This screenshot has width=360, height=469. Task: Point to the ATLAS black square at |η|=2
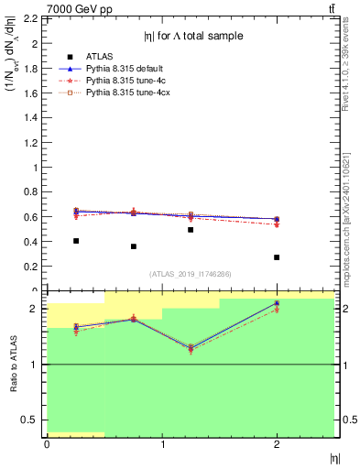click(277, 257)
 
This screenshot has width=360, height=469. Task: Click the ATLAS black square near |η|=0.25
click(76, 241)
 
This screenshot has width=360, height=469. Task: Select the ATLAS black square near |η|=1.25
click(191, 230)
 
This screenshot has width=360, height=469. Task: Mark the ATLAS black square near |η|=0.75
click(134, 246)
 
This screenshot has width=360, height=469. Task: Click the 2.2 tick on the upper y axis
click(32, 19)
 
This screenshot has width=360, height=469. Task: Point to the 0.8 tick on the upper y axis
click(32, 192)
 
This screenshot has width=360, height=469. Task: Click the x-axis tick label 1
click(162, 445)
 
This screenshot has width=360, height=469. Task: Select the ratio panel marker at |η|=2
click(277, 303)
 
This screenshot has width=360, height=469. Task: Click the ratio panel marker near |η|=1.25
click(191, 348)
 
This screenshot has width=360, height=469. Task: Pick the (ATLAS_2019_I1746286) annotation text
click(190, 274)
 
